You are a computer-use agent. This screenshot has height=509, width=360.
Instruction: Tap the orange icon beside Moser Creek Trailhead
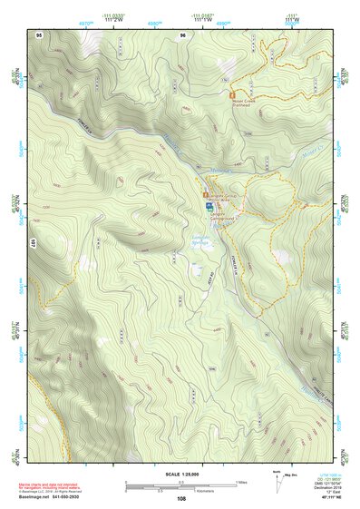tap(232, 93)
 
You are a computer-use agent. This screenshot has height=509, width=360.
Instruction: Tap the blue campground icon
tap(209, 208)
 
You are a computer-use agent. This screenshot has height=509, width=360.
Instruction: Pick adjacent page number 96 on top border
tap(183, 34)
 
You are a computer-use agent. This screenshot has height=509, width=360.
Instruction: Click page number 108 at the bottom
tap(182, 499)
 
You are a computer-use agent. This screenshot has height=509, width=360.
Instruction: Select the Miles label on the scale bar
tap(240, 480)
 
